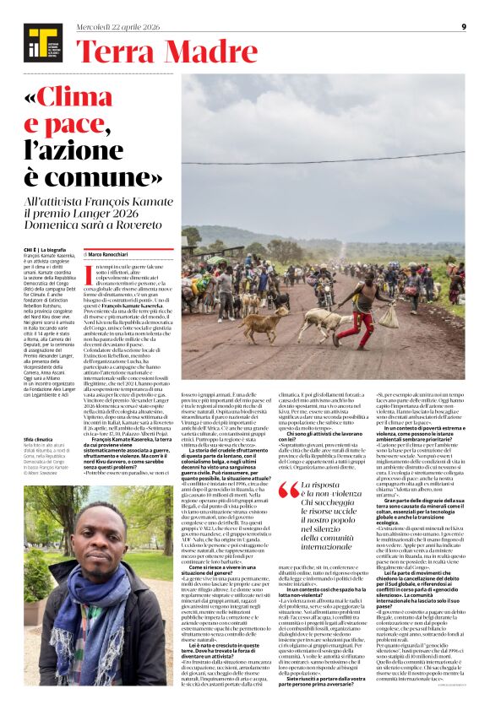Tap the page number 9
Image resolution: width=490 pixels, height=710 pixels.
click(464, 27)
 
